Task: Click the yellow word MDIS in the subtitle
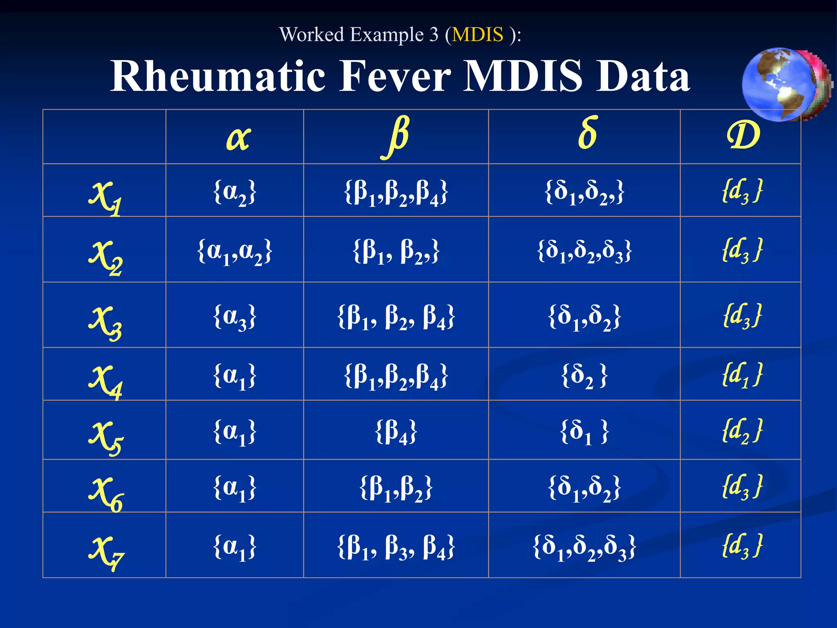pos(477,35)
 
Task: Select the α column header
pos(238,138)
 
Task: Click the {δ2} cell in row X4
pos(584,376)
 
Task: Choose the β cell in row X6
pos(396,488)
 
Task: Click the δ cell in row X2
pos(584,251)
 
